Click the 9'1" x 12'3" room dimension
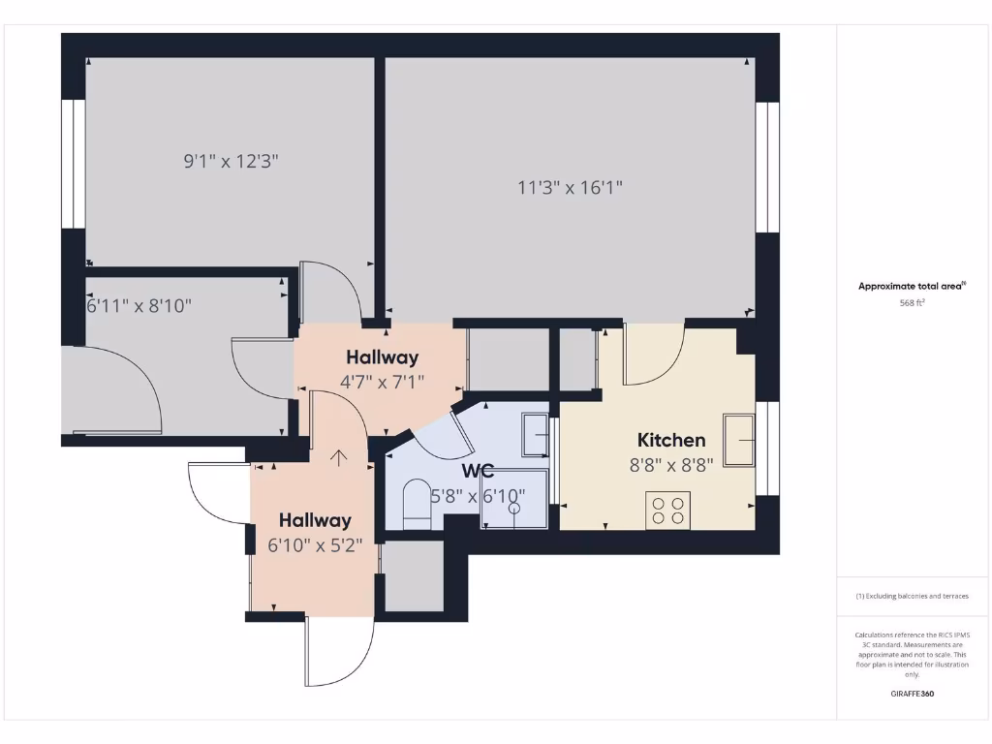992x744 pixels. coord(232,162)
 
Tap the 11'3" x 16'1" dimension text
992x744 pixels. coord(570,188)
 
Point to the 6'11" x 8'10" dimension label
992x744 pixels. coord(139,306)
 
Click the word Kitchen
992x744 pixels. coord(671,440)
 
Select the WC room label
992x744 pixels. coord(478,472)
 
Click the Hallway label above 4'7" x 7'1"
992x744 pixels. coord(383,357)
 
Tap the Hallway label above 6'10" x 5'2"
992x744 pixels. coord(315,520)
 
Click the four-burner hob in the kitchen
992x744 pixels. coord(667,511)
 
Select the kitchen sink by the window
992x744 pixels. coord(739,440)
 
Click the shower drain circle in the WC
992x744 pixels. coord(513,508)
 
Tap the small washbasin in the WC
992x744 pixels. coord(536,434)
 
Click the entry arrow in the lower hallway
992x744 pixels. coord(338,456)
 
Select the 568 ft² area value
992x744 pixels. coord(913,302)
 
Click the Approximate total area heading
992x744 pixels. coord(911,286)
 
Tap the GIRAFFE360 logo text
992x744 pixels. coord(913,694)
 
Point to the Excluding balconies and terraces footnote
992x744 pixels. coord(912,596)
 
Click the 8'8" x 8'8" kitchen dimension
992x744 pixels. coord(671,464)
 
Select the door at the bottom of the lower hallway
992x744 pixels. coord(339,654)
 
